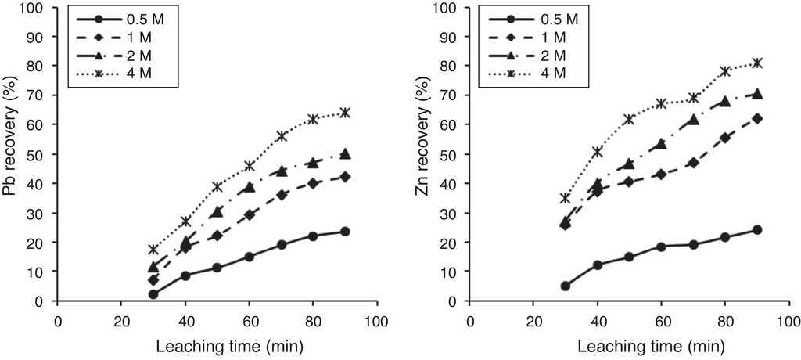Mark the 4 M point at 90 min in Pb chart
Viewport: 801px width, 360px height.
pos(345,113)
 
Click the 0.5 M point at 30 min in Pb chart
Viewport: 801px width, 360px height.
pos(153,294)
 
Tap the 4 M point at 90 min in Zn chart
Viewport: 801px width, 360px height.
pos(756,63)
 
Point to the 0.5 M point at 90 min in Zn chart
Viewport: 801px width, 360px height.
pos(756,230)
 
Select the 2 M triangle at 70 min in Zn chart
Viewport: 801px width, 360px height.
pos(693,120)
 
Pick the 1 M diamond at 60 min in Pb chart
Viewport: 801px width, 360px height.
pos(250,214)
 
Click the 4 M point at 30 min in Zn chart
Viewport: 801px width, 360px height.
pos(565,198)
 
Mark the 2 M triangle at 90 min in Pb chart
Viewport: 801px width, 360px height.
pos(345,153)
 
